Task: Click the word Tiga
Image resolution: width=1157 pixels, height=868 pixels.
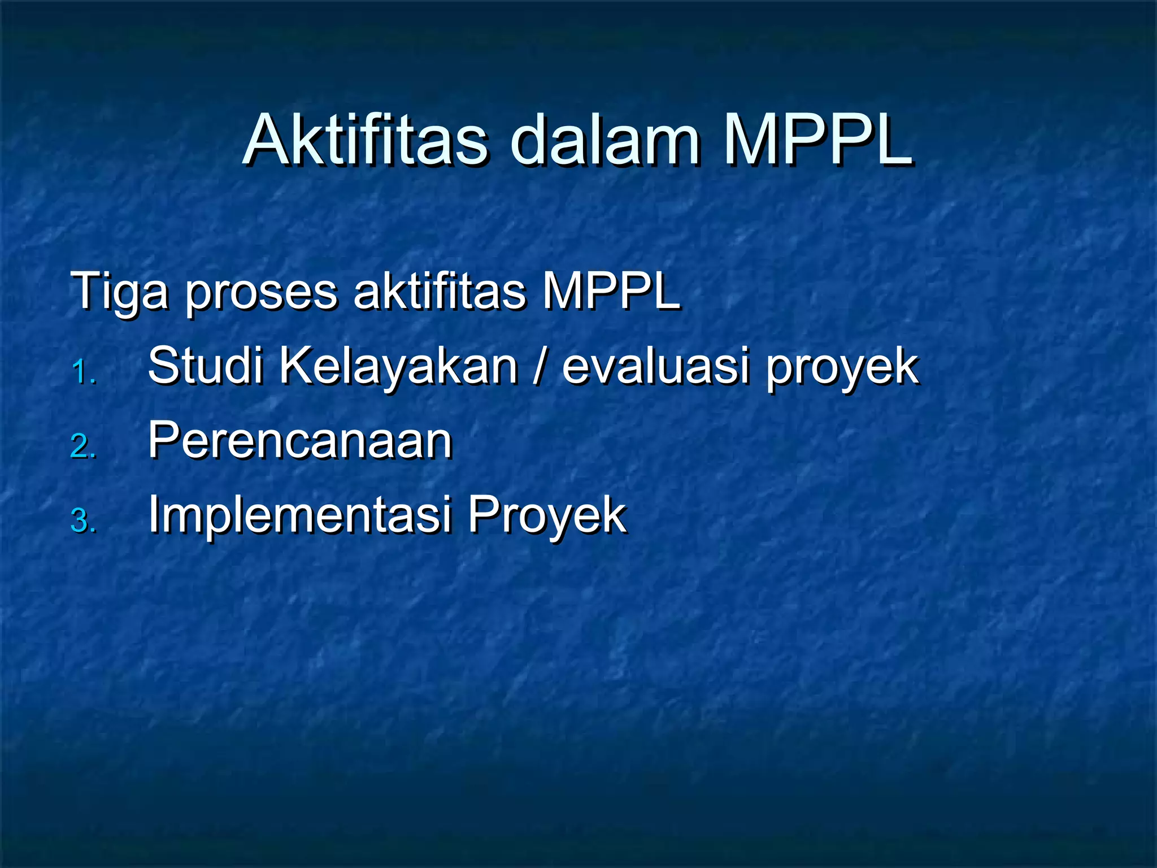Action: [x=119, y=292]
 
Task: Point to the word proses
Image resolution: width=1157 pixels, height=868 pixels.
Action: [x=261, y=292]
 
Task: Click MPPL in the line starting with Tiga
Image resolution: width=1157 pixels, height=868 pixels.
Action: [x=611, y=292]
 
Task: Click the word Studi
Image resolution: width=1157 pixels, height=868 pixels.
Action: [x=206, y=366]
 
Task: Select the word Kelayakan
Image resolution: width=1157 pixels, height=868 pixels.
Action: [x=399, y=366]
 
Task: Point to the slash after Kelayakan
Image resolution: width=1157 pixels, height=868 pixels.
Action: [x=540, y=367]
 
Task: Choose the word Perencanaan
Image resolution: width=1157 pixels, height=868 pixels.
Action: [x=300, y=440]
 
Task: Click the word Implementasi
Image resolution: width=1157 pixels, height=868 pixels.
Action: [x=300, y=515]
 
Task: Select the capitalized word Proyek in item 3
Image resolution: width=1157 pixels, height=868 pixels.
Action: [x=547, y=515]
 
